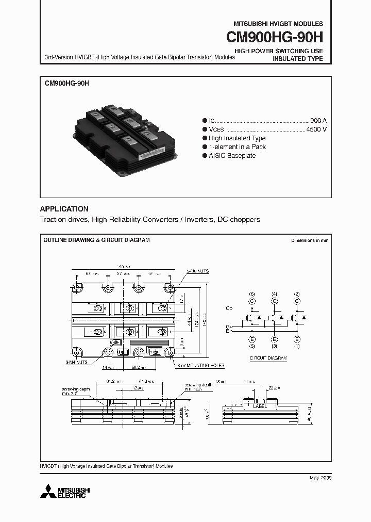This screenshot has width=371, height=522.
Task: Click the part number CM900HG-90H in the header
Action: coord(274,38)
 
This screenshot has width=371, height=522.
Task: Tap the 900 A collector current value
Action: coord(318,119)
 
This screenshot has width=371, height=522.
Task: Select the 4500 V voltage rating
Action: coord(316,129)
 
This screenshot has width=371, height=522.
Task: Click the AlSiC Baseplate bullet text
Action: coord(232,156)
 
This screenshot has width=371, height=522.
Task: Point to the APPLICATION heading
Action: coord(64,209)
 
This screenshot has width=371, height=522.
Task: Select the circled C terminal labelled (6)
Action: coord(252,300)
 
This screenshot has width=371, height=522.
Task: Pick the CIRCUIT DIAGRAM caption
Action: coord(268,357)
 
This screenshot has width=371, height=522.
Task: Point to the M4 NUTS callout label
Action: coord(76,363)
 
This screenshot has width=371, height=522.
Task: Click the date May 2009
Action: coord(321,478)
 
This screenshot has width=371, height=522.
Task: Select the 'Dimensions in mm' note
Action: coord(309,240)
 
